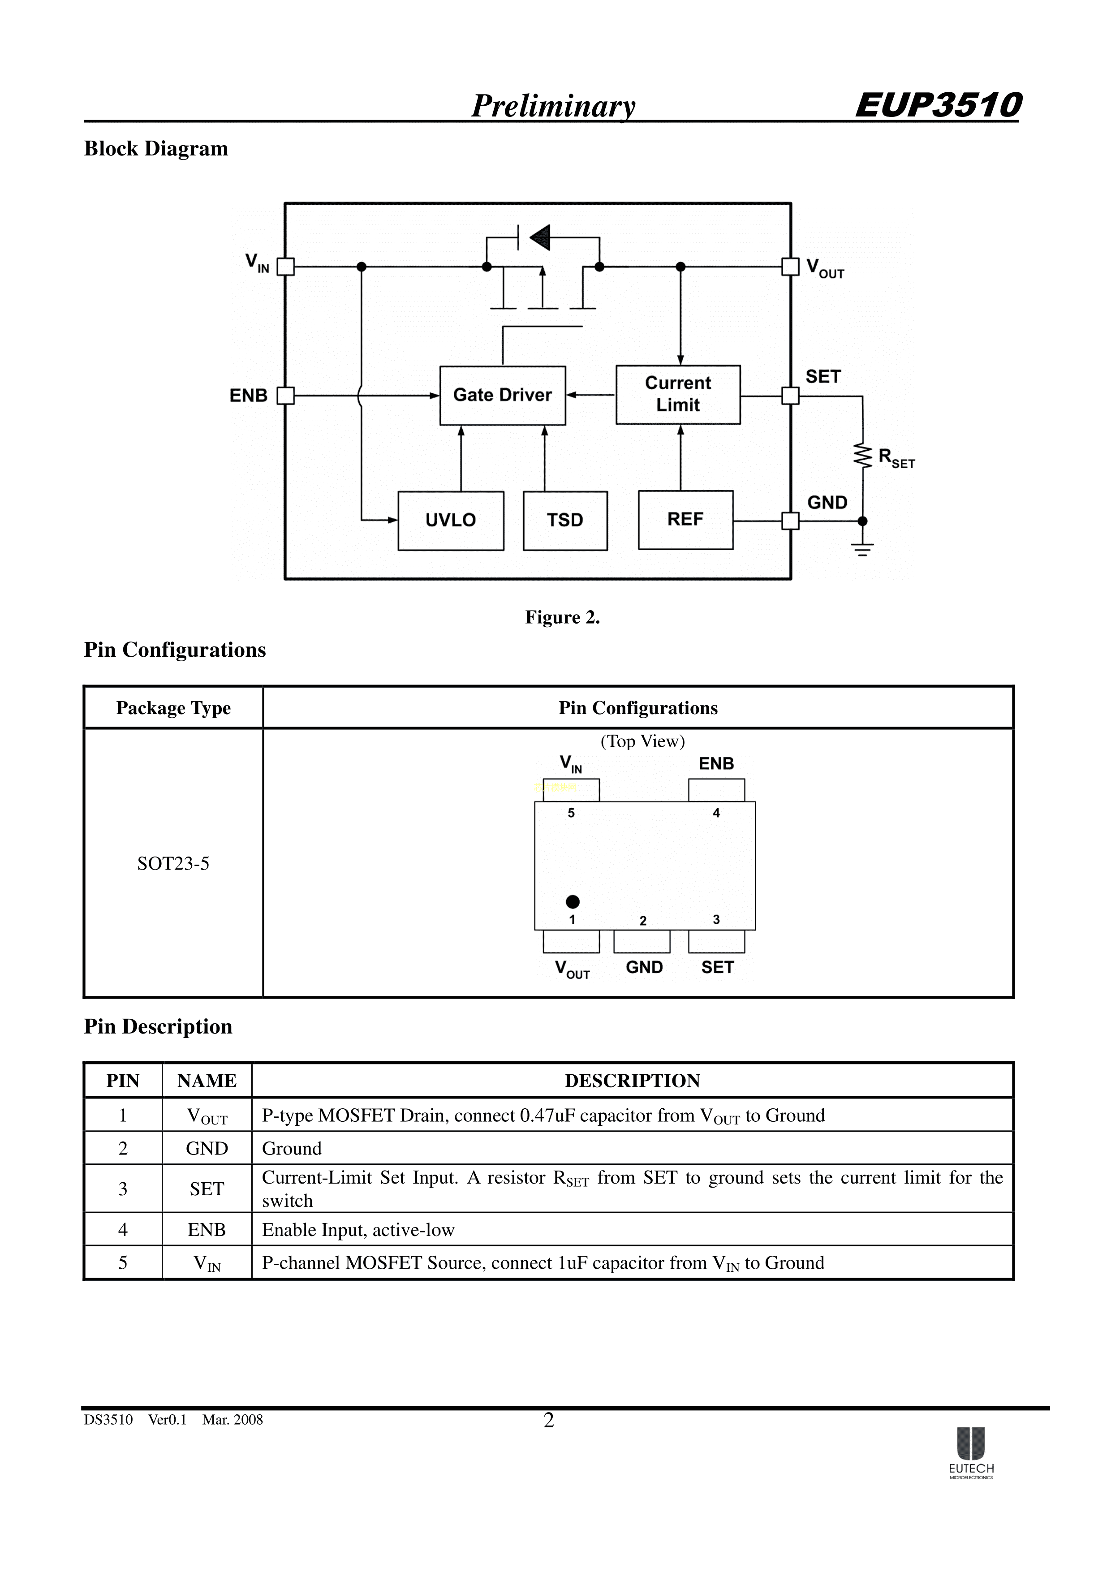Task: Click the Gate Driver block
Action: [x=503, y=396]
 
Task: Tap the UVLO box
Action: [x=450, y=521]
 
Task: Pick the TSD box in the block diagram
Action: [x=565, y=521]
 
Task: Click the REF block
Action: [x=685, y=520]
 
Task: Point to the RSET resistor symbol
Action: [x=862, y=455]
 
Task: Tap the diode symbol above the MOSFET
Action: [x=540, y=237]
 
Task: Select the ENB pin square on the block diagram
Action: [x=285, y=396]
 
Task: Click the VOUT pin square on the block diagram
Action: [x=791, y=267]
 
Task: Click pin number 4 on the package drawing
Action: [x=716, y=813]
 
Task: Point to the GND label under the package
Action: [x=644, y=968]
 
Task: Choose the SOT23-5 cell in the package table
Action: [x=173, y=863]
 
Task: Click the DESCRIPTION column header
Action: [x=632, y=1081]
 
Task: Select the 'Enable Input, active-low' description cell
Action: [x=358, y=1230]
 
